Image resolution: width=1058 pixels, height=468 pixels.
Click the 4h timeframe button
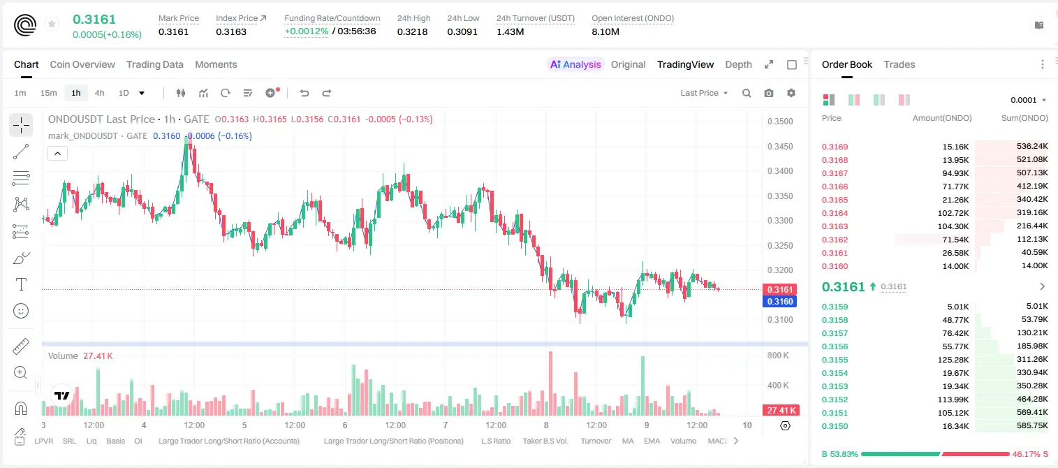[99, 93]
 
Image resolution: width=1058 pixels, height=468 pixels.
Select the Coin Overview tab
[82, 64]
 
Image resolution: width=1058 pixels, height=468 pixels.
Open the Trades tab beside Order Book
[899, 64]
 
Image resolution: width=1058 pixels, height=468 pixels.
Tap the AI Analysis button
[575, 64]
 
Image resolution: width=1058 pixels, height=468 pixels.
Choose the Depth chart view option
[738, 64]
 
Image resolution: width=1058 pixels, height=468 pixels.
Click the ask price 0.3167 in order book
[835, 173]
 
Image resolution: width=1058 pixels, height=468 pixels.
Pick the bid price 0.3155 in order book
[835, 360]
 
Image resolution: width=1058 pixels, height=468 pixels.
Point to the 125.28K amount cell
[953, 360]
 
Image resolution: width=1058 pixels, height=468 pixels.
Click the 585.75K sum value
[1032, 425]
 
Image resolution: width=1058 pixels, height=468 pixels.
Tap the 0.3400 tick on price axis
[780, 171]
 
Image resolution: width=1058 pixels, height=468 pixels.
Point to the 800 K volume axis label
[778, 355]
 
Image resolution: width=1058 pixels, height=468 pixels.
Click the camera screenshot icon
[769, 93]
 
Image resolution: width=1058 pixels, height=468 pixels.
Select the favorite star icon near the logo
[52, 24]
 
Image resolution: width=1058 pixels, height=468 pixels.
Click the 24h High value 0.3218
[412, 31]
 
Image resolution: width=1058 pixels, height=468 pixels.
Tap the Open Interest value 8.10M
[605, 31]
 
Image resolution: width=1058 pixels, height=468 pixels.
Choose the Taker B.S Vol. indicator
[545, 441]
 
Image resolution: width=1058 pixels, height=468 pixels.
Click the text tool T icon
[21, 284]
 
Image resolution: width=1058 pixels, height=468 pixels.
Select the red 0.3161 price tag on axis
[779, 289]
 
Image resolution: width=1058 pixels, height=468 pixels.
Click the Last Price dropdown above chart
[704, 93]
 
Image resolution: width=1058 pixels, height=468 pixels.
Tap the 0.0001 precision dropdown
[1028, 100]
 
